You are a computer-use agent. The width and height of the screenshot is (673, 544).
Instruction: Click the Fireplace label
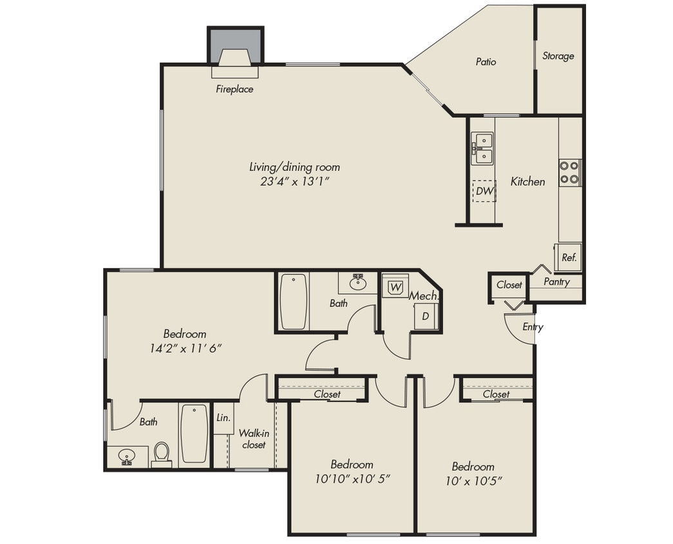click(234, 89)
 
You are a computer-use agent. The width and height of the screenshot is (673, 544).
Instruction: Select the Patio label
click(486, 62)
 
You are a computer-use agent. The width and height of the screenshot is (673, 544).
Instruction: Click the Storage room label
click(558, 56)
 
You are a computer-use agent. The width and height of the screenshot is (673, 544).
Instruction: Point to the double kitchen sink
click(482, 149)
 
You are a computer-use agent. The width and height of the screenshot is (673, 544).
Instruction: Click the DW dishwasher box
click(484, 191)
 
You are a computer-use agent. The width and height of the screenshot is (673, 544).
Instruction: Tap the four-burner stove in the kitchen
click(569, 172)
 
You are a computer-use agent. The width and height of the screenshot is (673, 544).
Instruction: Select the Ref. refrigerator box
click(569, 257)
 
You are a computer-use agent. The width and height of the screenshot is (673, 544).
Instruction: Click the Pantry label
click(556, 282)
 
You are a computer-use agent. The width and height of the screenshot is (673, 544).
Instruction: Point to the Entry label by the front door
click(533, 327)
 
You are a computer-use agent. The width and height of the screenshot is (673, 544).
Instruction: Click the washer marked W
click(395, 286)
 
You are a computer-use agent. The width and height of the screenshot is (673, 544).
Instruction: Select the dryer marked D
click(425, 316)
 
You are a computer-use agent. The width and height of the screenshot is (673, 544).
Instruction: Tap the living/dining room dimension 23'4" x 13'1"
click(294, 182)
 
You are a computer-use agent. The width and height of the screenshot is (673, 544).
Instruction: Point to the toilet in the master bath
click(161, 453)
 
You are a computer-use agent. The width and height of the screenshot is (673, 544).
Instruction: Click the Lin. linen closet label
click(223, 417)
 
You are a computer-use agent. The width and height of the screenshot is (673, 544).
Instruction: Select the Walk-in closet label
click(253, 439)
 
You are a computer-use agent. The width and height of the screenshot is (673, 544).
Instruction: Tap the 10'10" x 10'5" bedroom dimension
click(353, 480)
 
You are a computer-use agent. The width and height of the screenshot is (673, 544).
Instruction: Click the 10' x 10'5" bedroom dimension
click(473, 480)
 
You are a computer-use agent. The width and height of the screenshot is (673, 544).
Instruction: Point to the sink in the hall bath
click(357, 282)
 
